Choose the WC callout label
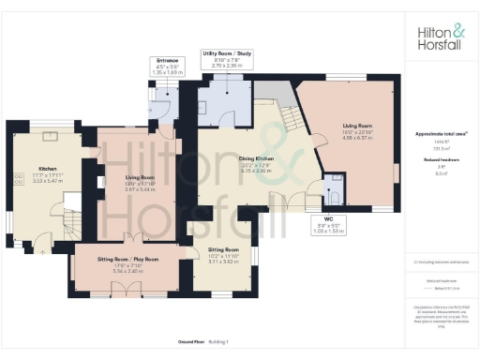pos(327,221)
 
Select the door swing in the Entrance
pos(160,105)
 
